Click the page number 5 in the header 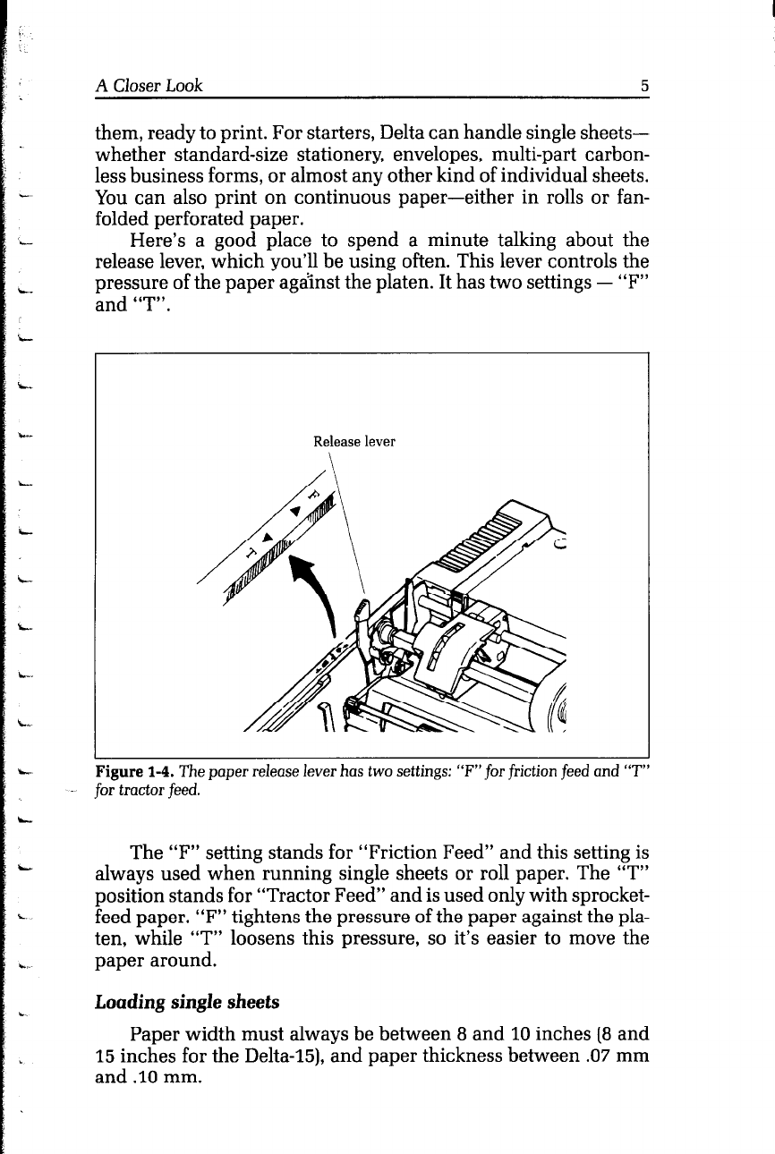[643, 87]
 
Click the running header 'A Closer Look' [149, 86]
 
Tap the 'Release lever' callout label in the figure [353, 441]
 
